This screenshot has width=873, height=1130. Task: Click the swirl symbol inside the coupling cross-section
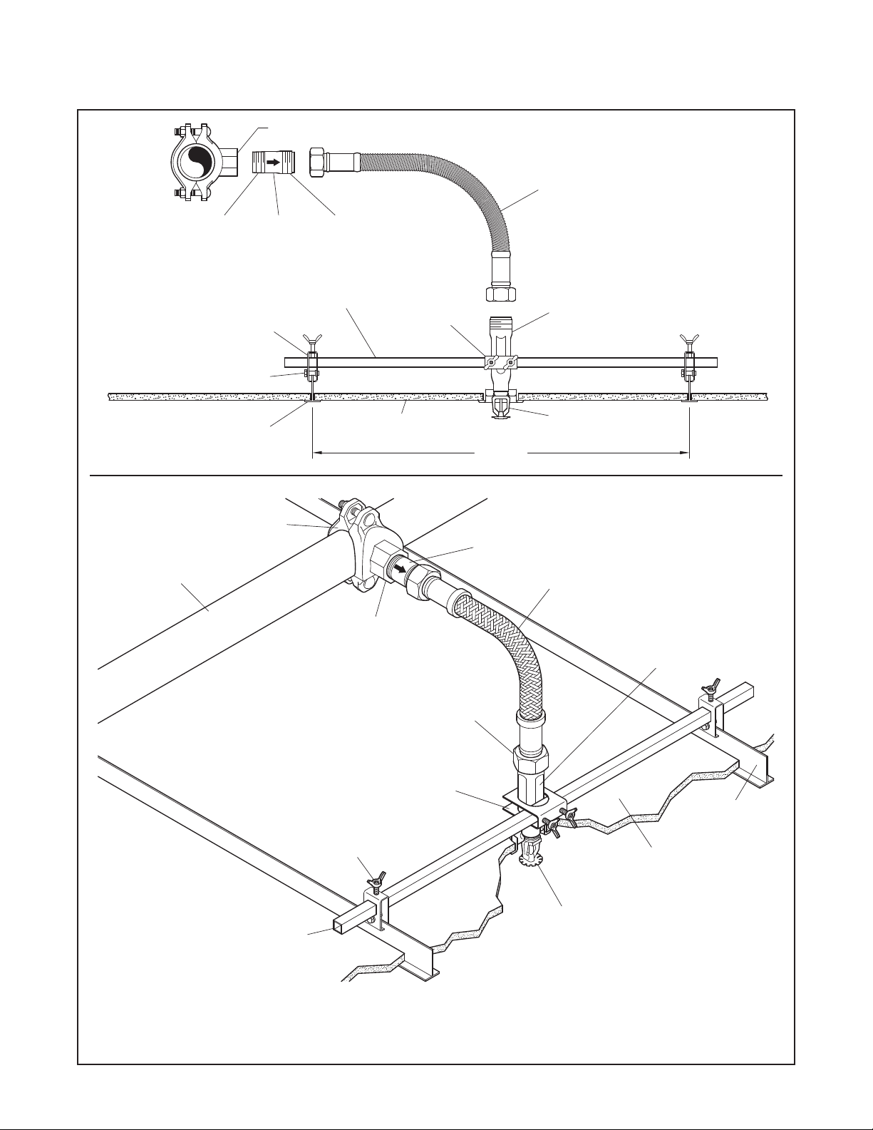192,163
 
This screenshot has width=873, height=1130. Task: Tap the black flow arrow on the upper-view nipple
273,163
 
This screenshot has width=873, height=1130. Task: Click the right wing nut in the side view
690,337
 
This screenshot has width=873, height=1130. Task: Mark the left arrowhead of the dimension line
318,452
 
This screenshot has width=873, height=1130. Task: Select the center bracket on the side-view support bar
500,363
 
